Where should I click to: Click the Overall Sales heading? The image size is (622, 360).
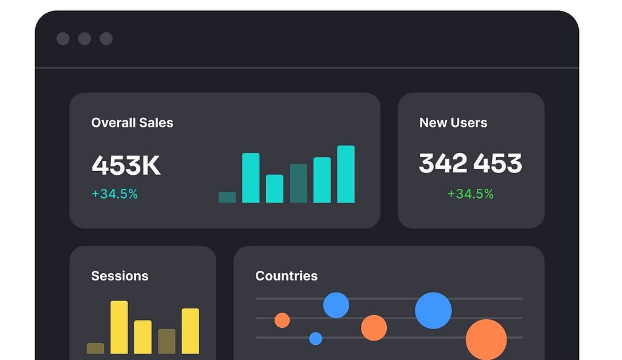pos(132,123)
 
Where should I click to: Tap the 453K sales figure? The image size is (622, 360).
pos(126,165)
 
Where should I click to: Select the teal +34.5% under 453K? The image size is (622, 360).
pos(115,194)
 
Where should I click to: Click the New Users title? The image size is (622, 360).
pos(453,123)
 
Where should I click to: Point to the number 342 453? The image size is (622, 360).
pos(470,163)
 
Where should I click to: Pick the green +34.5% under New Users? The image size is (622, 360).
pos(470,194)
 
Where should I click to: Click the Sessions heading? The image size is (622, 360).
pos(120,276)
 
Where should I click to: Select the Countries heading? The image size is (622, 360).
pos(286,276)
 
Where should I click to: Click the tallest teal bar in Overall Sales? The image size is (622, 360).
pos(346,174)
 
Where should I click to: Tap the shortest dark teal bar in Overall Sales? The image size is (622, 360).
pos(227,197)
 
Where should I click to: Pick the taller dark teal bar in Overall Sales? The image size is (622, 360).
pos(298,183)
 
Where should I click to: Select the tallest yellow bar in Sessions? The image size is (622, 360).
pos(119,327)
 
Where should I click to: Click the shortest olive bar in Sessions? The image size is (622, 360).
pos(95,348)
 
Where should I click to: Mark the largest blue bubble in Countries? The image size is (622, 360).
pos(433,310)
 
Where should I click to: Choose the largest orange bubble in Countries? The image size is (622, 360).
pos(486,339)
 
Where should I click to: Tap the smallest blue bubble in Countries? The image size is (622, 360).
pos(315,339)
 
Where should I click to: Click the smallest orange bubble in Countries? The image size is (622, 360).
pos(282,320)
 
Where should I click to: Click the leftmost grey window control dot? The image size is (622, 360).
pos(63,39)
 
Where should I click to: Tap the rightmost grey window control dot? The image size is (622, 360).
pos(106,39)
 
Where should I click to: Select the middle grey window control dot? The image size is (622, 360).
pos(84,39)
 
